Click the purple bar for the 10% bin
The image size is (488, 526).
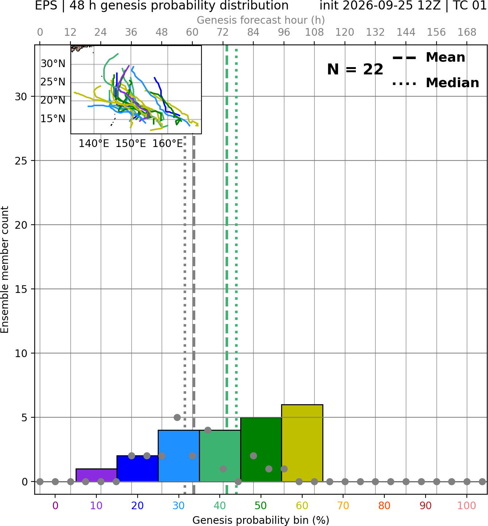(96, 475)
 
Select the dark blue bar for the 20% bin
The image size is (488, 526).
(138, 468)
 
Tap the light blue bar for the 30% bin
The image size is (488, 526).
(178, 456)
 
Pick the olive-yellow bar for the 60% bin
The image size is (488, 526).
(302, 443)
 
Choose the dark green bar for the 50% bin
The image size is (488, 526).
(261, 449)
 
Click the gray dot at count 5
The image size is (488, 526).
(177, 417)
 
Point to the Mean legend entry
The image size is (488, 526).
(429, 57)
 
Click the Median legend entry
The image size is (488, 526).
(436, 83)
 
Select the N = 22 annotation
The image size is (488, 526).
(355, 69)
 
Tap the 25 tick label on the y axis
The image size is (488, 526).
(21, 161)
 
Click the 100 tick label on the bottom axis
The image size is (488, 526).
(466, 506)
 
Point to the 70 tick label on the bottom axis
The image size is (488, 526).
(343, 506)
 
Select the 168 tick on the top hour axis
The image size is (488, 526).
(467, 32)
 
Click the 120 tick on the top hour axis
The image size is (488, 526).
(345, 32)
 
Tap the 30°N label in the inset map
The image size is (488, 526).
(53, 63)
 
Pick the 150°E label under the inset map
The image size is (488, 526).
(131, 144)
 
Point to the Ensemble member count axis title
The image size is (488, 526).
(5, 270)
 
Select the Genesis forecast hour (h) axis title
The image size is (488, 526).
(261, 20)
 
